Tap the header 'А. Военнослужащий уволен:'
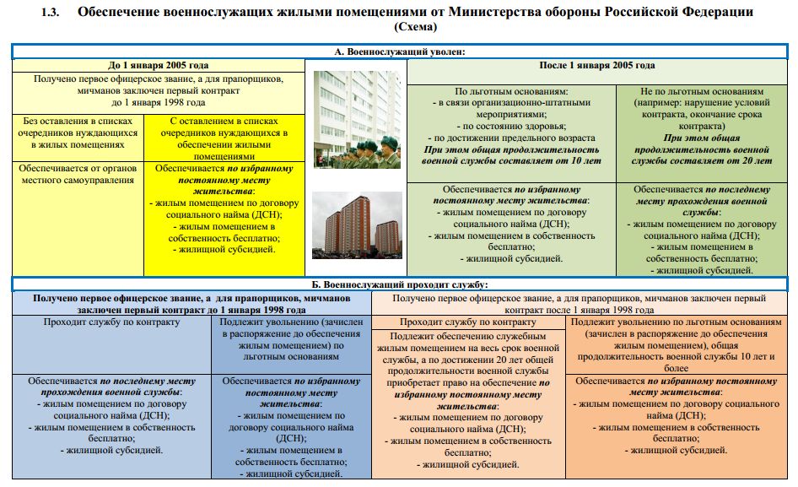[399, 52]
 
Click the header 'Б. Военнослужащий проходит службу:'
[399, 284]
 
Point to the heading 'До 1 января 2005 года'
[158, 65]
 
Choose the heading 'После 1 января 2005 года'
[596, 65]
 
